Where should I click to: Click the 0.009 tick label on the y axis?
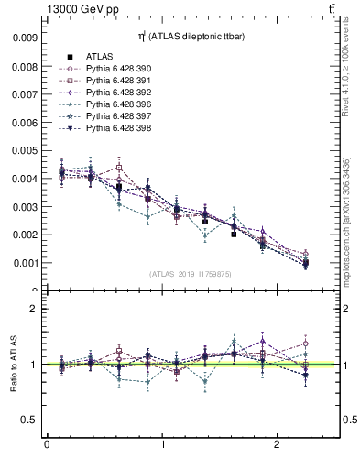[25, 38]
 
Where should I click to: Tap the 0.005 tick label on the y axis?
[25, 150]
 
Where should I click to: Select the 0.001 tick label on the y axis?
[25, 263]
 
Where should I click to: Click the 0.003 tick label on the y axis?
[25, 207]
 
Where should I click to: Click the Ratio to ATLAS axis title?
[13, 364]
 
